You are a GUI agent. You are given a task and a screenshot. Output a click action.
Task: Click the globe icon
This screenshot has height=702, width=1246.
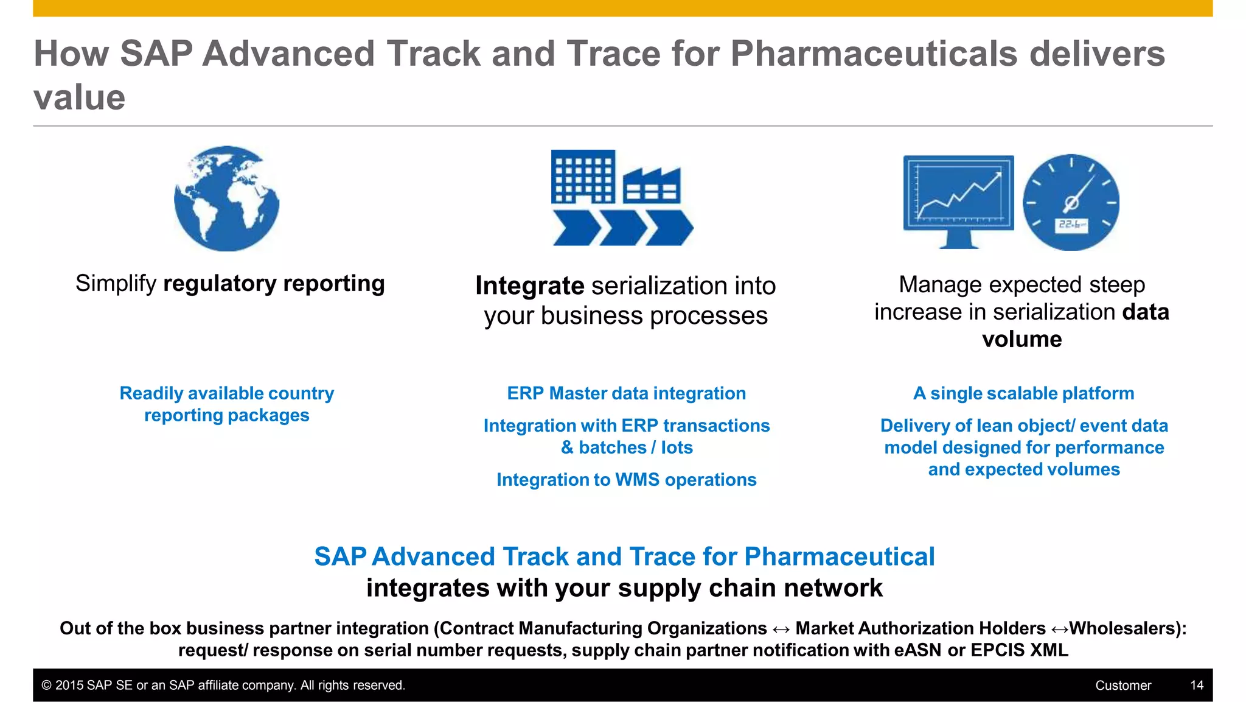coord(226,198)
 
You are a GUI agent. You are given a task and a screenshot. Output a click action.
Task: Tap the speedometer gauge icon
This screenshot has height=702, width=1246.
coord(1071,202)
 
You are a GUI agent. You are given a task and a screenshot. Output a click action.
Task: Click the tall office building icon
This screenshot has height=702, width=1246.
coord(583,177)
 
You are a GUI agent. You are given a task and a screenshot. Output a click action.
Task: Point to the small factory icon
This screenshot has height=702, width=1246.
coord(652,186)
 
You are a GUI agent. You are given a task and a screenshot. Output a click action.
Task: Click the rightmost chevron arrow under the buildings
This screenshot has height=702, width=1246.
coord(669,228)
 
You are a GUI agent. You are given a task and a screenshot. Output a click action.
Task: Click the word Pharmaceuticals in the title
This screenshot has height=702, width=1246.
coord(874,54)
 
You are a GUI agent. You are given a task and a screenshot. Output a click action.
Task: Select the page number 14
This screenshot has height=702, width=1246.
coord(1196,685)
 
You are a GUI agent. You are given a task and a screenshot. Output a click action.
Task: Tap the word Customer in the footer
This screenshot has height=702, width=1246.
coord(1123,686)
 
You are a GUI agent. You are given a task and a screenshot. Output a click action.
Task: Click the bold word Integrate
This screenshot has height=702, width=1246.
coord(529,286)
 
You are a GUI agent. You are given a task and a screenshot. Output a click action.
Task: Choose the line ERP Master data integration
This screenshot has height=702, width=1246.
coord(626,393)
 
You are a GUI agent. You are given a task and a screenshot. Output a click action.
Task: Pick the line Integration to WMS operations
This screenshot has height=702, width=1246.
coord(626,480)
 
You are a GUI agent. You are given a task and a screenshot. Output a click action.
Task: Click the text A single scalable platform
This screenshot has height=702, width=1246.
coord(1023,393)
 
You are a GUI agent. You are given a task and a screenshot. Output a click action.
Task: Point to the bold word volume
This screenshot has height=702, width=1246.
coord(1022,339)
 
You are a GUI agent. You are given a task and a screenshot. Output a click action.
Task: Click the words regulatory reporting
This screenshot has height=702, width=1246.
coord(274,284)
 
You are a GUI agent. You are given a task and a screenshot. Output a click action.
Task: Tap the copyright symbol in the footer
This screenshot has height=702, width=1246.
coord(46,686)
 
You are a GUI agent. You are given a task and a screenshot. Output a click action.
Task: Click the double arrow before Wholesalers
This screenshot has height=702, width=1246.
coord(1059,629)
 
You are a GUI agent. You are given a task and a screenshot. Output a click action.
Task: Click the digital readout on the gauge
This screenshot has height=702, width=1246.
coord(1071,225)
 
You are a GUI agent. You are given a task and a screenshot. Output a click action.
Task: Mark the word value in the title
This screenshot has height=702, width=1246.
coord(80,97)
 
